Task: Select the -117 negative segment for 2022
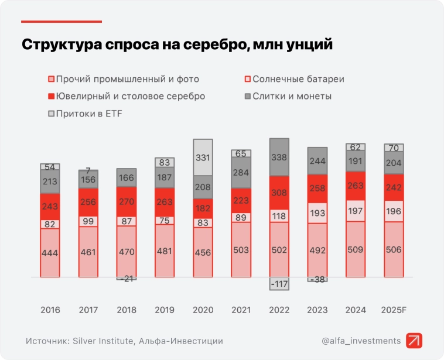coord(279,283)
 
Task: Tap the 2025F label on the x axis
coord(393,310)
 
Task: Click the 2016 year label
coord(50,310)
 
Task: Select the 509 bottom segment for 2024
coord(355,249)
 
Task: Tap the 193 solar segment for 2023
coord(317,213)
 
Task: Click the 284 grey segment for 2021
coord(241,173)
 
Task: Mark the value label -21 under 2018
coord(127,279)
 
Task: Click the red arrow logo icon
coord(414,341)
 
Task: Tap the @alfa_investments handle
coord(361,341)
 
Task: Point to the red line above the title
coord(62,22)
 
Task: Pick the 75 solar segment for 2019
coord(165,220)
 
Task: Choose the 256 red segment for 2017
coord(88,201)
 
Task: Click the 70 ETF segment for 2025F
coord(393,148)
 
